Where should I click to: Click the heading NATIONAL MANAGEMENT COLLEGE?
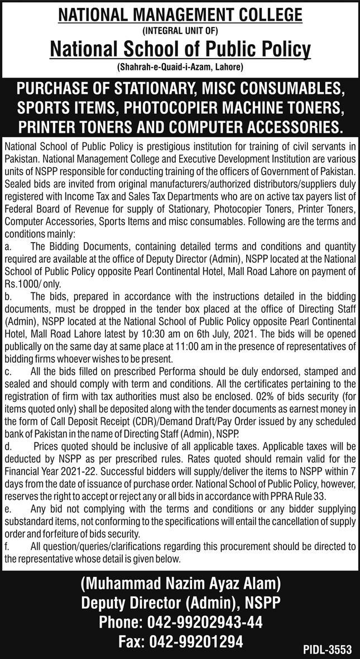[x=180, y=15]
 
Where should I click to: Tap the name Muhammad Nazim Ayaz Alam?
[x=180, y=585]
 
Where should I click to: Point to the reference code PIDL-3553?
[x=328, y=649]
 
